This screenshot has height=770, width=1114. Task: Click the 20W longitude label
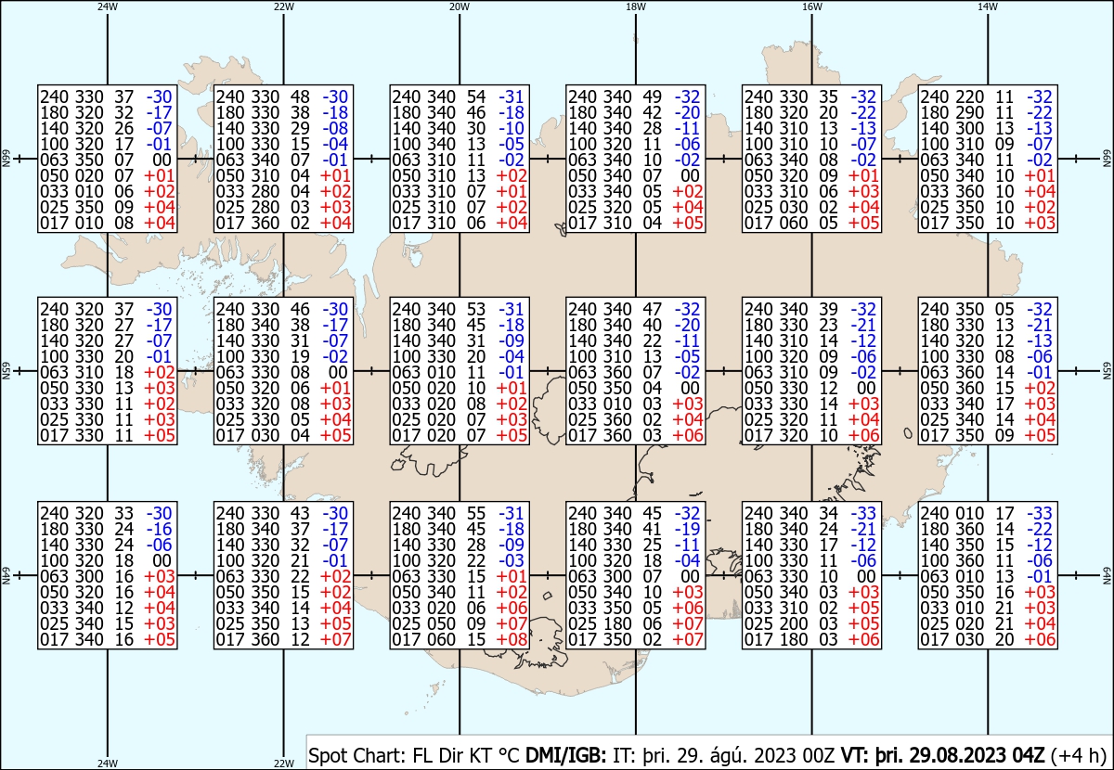coord(460,6)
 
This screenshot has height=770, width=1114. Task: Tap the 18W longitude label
coord(636,6)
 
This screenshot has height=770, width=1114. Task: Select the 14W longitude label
coord(988,6)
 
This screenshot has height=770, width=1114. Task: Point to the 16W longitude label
coord(811,6)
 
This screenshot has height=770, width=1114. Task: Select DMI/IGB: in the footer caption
coord(566,755)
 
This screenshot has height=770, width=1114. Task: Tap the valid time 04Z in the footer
coord(1029,755)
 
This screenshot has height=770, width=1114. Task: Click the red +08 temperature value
coord(512,639)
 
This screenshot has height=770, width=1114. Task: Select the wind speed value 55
coord(476,513)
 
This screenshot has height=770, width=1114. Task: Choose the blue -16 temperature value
coord(159,529)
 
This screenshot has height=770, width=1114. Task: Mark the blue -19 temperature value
coord(688,529)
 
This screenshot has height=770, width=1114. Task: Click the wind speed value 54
coord(476,96)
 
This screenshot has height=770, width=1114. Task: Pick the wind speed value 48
coord(300,96)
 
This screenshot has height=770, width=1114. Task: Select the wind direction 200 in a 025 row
coord(793,623)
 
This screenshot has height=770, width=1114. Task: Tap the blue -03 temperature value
coord(512,560)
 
